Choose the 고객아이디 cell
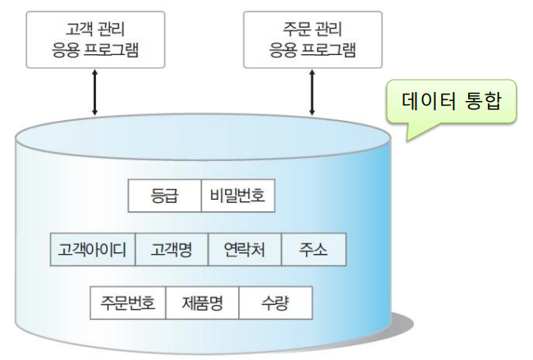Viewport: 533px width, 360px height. (92, 250)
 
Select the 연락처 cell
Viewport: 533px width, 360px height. (244, 250)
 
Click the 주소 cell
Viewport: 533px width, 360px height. (313, 250)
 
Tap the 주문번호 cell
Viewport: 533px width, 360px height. (128, 302)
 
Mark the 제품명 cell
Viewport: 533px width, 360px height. (202, 302)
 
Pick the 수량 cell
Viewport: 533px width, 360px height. (275, 302)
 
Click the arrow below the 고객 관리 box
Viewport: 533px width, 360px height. (95, 93)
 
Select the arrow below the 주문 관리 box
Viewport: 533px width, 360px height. (312, 93)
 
